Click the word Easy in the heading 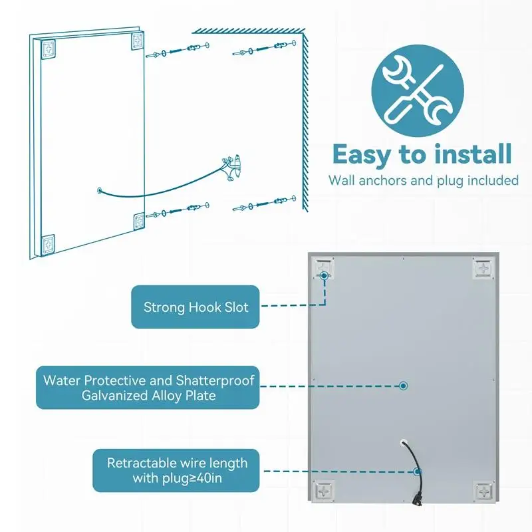pyautogui.click(x=362, y=154)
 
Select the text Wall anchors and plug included pyautogui.click(x=423, y=180)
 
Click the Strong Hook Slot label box pyautogui.click(x=196, y=307)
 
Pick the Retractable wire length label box pyautogui.click(x=177, y=470)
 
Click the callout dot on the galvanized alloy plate pyautogui.click(x=402, y=385)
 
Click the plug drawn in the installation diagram pyautogui.click(x=232, y=166)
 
